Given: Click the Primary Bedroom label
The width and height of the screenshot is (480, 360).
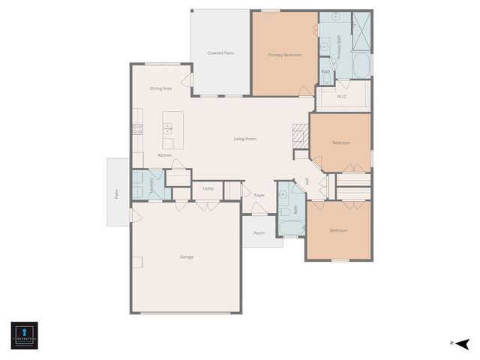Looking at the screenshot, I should click(x=285, y=55).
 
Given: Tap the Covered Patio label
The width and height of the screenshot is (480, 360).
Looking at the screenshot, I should click(x=220, y=53).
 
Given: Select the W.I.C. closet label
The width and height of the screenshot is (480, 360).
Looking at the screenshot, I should click(x=342, y=96).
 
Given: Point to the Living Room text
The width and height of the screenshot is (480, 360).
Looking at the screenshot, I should click(x=244, y=139).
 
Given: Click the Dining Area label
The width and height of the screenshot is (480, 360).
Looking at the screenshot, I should click(x=160, y=88).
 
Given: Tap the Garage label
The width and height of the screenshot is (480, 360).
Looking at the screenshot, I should click(x=187, y=257).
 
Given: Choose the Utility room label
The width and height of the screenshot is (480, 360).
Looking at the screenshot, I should click(x=208, y=188).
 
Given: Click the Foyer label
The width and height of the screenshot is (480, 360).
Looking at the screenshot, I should click(x=259, y=195).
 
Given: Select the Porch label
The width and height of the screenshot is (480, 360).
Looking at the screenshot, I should click(x=259, y=232).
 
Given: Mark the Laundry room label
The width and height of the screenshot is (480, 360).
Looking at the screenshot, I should click(x=151, y=185).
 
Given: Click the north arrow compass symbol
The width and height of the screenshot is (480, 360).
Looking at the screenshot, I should click(x=462, y=343).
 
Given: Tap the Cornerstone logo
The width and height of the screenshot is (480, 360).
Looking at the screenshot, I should click(x=24, y=334).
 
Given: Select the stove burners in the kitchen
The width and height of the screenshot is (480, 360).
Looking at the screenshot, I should click(x=138, y=128).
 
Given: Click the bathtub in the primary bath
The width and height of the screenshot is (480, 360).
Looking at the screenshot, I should click(x=361, y=64).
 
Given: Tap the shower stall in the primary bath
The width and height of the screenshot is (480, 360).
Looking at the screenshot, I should click(x=361, y=31).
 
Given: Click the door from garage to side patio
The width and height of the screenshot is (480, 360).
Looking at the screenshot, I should click(x=133, y=216).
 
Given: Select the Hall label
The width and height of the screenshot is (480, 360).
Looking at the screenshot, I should click(x=307, y=181).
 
